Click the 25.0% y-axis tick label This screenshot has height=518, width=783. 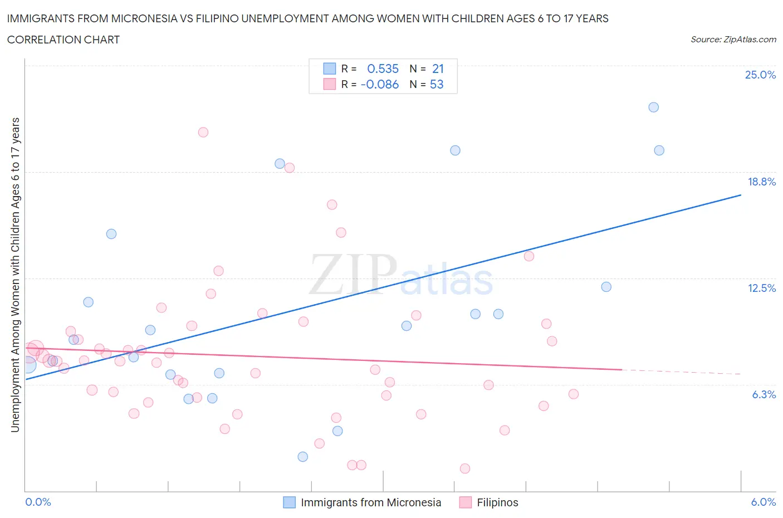click(760, 75)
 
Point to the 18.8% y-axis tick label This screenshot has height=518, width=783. click(761, 182)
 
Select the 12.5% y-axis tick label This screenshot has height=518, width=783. click(761, 288)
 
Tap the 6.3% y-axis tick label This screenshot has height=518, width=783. click(764, 394)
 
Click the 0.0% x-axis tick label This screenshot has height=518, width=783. click(38, 502)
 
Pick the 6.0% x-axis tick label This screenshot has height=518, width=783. click(763, 502)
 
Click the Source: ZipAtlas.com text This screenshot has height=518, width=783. click(733, 40)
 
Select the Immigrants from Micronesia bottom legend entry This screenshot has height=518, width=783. click(362, 502)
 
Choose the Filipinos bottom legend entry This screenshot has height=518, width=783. click(489, 502)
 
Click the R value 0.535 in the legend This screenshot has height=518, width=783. click(383, 69)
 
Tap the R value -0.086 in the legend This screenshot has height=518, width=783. click(380, 84)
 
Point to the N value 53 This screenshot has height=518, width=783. click(437, 84)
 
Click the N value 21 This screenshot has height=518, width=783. click(438, 69)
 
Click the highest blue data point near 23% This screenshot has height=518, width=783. click(654, 107)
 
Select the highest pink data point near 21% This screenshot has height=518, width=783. click(203, 132)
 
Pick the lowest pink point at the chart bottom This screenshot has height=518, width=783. click(465, 468)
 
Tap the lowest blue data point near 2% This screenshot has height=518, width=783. click(303, 457)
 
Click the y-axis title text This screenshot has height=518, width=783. click(15, 275)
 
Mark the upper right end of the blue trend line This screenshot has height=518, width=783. click(741, 195)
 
